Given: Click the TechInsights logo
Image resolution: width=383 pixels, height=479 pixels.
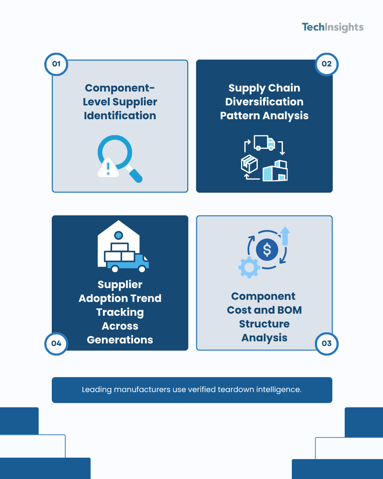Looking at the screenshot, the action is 332,28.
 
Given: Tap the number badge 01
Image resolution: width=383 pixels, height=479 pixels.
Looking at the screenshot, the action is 56,64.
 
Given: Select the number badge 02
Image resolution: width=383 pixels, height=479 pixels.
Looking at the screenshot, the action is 326,64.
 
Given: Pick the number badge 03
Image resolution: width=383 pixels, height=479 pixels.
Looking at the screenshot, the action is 326,343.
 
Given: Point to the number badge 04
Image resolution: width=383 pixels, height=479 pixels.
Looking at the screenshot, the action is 56,343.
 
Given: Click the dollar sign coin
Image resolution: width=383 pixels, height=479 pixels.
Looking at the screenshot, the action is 267,249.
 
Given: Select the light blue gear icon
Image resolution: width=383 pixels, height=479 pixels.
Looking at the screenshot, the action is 249,267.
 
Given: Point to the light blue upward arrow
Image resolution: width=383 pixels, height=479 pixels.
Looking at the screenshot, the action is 285,236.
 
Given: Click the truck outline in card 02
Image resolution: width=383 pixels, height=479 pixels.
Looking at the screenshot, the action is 265,143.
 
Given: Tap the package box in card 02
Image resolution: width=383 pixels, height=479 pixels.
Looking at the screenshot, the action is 249,164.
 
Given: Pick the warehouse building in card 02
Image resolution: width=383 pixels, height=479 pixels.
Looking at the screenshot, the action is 275,170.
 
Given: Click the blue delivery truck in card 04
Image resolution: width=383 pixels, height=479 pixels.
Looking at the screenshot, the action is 128,263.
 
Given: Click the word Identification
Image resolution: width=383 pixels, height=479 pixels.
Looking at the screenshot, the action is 120,116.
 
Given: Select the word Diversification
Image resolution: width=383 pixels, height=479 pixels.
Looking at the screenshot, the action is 265,102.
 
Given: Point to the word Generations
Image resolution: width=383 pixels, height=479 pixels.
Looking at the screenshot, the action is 120,340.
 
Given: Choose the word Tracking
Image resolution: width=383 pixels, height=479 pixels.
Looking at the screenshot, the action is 120,313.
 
